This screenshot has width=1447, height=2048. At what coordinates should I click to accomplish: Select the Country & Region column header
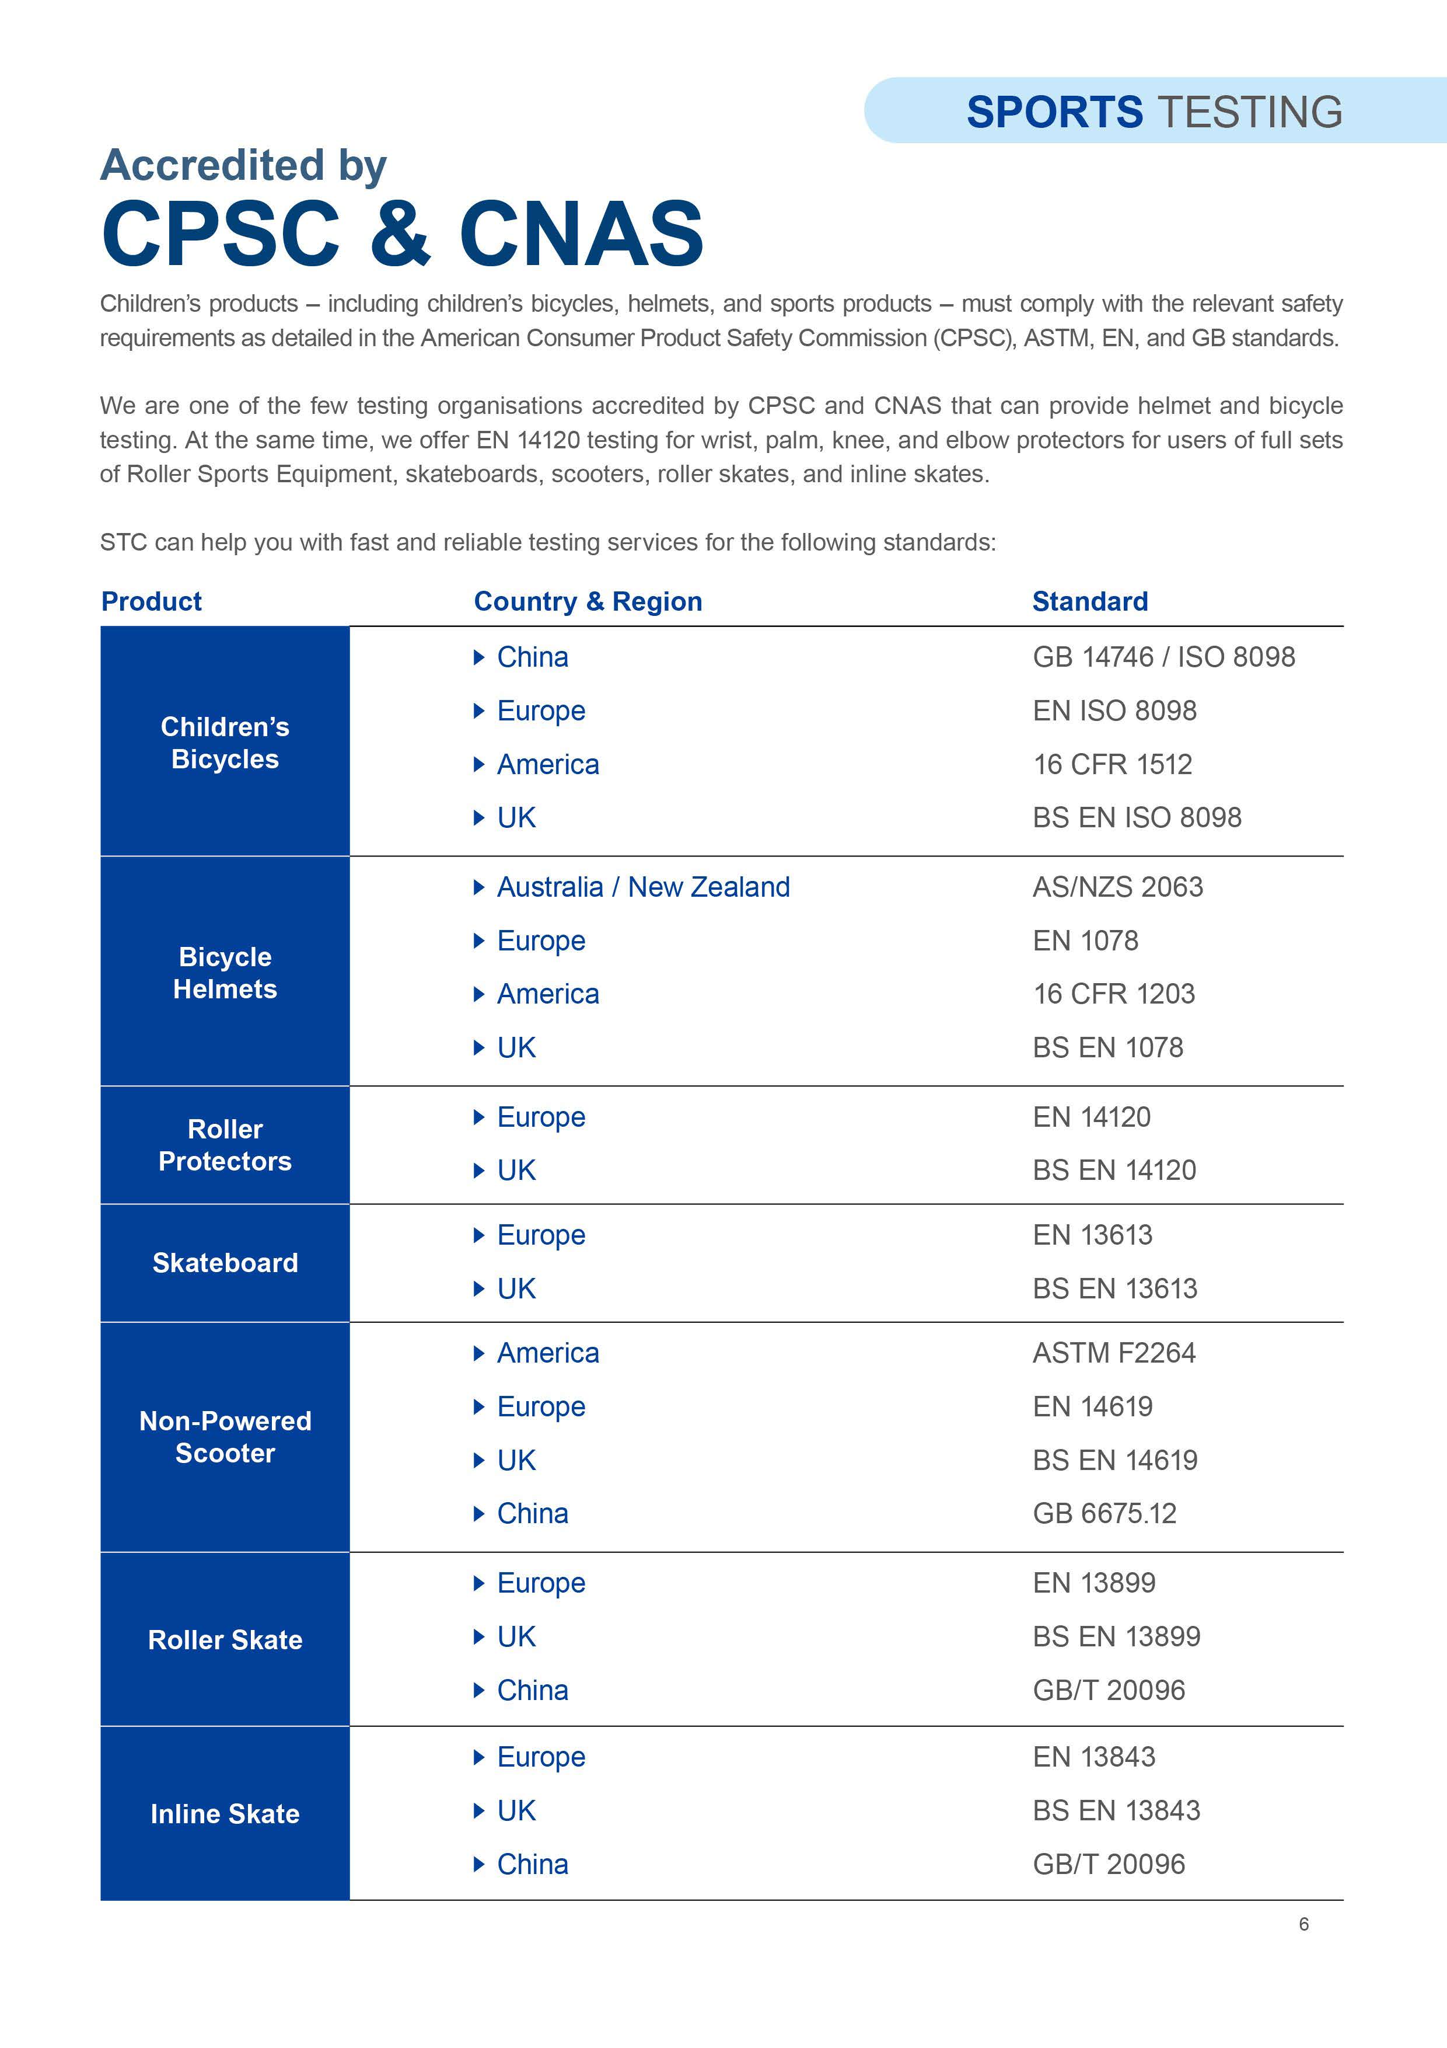[588, 601]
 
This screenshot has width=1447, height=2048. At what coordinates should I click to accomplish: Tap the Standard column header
[1089, 601]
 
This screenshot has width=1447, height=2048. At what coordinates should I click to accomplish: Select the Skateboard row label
[225, 1262]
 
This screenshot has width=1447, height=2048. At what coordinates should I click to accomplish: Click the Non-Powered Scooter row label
[225, 1436]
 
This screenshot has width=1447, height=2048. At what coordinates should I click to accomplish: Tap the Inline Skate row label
[225, 1813]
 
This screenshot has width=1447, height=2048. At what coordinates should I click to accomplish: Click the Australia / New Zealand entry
[643, 887]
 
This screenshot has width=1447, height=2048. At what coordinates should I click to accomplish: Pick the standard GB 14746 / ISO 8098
[1163, 657]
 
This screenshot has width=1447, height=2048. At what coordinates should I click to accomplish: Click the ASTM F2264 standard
[1114, 1353]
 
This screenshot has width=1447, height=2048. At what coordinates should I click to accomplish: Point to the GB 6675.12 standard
[1105, 1514]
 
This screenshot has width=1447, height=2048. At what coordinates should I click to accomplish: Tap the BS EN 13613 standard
[1114, 1289]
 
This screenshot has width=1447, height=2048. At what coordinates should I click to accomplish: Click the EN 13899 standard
[1094, 1583]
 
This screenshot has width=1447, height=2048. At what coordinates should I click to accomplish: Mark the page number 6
[1303, 1924]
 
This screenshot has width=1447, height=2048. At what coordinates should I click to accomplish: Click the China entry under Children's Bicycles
[532, 657]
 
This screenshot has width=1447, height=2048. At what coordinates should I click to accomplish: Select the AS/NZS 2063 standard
[1117, 887]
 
